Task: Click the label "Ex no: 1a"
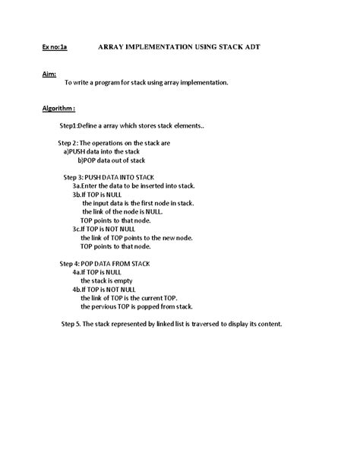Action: pyautogui.click(x=54, y=47)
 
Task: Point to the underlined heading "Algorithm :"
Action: pyautogui.click(x=58, y=109)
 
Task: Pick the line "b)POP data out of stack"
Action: pyautogui.click(x=112, y=160)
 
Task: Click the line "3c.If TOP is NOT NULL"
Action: pyautogui.click(x=109, y=229)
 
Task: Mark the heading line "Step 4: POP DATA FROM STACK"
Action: pyautogui.click(x=105, y=264)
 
